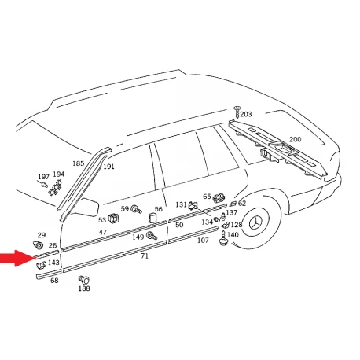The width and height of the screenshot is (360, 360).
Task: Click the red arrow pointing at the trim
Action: point(17,258)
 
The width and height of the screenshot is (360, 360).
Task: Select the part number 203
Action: point(246,114)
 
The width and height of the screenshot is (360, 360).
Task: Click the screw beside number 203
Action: point(237,112)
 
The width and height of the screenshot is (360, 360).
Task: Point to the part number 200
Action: point(295,139)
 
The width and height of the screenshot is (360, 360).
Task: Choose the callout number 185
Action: point(78,163)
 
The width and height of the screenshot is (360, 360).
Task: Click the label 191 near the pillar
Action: point(108,167)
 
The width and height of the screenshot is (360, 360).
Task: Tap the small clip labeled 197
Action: point(44,184)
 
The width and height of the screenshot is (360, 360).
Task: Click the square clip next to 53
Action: point(113,219)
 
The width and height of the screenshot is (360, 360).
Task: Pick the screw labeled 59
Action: point(136,209)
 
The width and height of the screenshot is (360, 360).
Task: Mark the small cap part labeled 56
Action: point(152,218)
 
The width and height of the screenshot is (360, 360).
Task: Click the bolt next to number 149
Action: point(152,236)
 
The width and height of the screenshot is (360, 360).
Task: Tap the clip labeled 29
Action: point(39,244)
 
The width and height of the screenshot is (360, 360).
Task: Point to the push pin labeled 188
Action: point(84,280)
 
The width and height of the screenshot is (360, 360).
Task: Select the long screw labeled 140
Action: point(222,239)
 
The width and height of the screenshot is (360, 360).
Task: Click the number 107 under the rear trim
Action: point(203,241)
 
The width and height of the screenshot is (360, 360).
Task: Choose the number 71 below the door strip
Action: point(145,255)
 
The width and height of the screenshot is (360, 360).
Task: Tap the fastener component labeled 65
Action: point(219,198)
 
